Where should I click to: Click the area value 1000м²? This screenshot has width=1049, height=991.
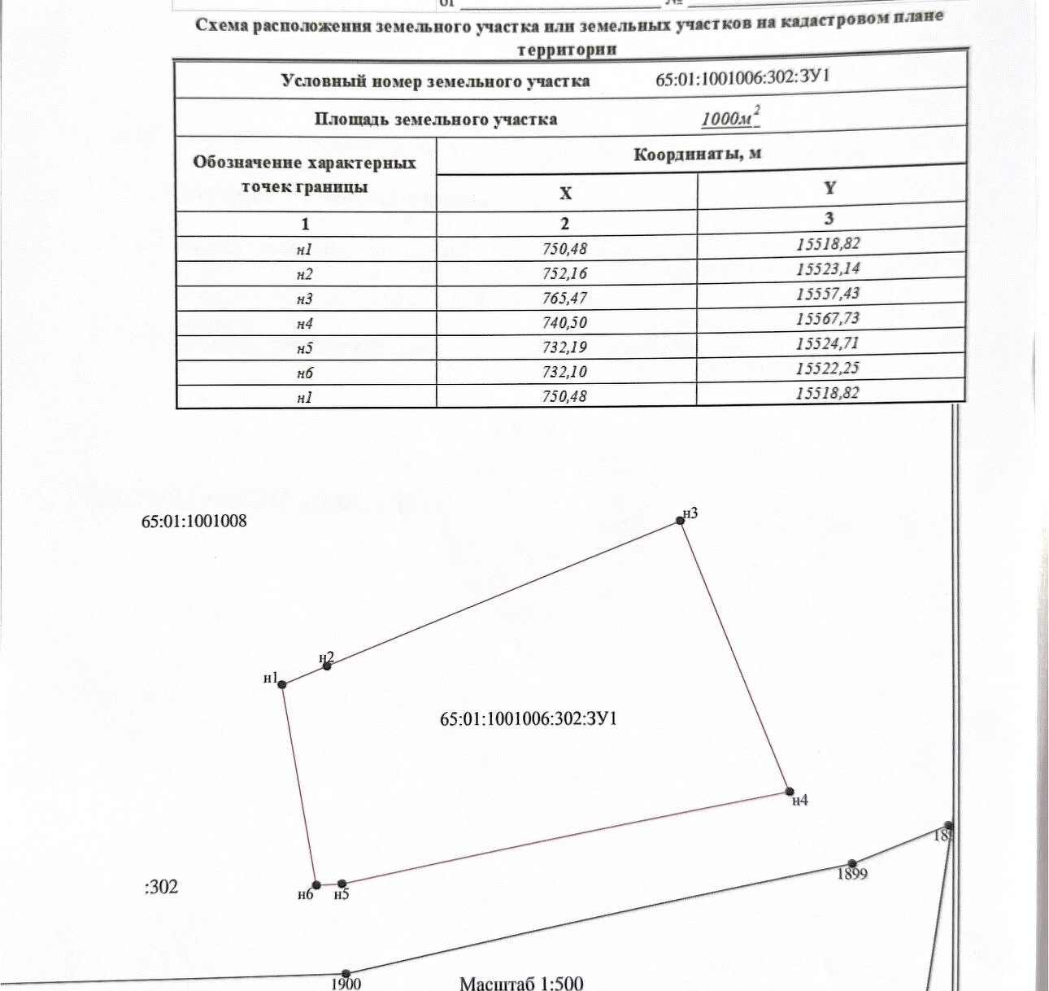729,119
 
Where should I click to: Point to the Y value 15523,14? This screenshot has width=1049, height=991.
828,268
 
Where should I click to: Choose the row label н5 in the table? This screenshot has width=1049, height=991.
305,348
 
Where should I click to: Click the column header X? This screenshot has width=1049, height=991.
565,193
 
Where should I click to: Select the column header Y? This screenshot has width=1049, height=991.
829,188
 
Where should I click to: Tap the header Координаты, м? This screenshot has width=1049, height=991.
697,154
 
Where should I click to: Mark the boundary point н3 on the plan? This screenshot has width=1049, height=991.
681,521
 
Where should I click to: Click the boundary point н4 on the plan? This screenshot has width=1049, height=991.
789,791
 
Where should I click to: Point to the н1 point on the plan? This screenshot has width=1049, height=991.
282,684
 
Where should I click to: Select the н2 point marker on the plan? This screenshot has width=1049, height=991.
327,666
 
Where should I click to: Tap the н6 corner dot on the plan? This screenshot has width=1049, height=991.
317,884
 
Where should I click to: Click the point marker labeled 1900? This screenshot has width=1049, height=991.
346,974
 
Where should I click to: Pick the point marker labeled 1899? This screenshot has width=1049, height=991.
851,863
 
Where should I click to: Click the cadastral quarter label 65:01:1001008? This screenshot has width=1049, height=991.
194,521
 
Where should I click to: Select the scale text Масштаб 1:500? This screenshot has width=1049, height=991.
521,983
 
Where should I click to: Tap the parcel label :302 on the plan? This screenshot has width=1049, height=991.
161,886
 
